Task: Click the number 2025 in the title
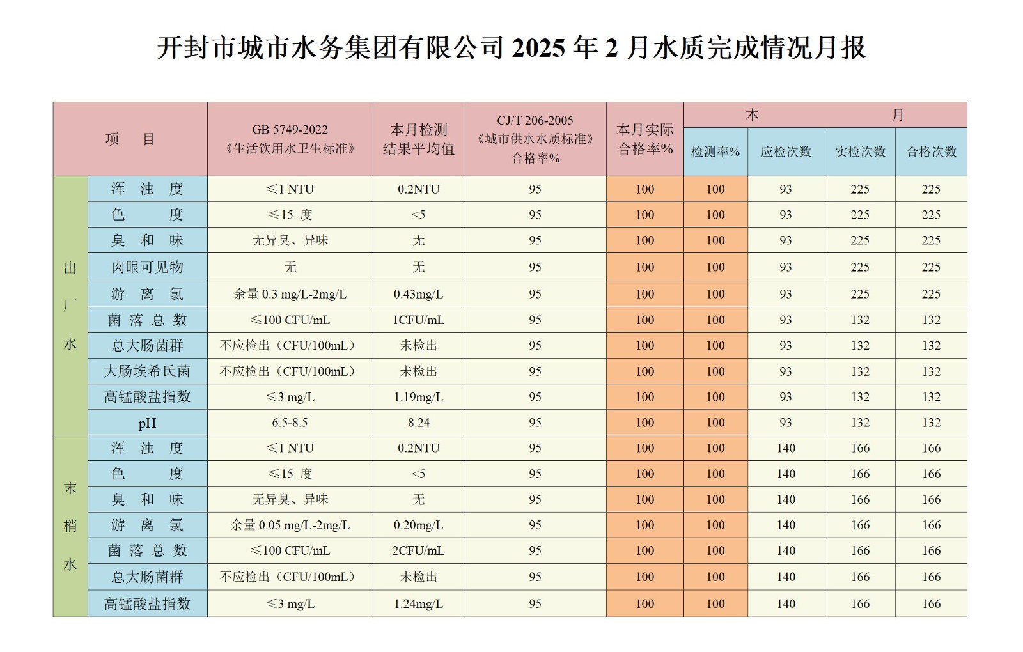tap(538, 49)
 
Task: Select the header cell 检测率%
tap(715, 152)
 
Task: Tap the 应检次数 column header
tap(786, 152)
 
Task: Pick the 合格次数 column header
tap(931, 152)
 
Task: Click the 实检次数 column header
tap(860, 152)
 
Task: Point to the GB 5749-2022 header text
tap(290, 130)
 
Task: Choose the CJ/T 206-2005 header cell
tap(535, 121)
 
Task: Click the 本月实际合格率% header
tap(644, 139)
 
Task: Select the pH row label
tap(147, 423)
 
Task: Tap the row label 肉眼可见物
tap(147, 267)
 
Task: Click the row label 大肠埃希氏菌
tap(147, 371)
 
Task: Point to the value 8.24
tap(419, 423)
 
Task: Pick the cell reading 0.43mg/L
tap(419, 294)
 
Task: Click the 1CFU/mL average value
tap(419, 320)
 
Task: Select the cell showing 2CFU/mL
tap(419, 551)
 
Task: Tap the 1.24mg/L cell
tap(419, 604)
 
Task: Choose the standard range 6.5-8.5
tap(290, 423)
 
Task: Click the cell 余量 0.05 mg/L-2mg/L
tap(290, 525)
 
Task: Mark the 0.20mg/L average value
tap(419, 525)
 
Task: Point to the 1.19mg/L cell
tap(419, 397)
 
